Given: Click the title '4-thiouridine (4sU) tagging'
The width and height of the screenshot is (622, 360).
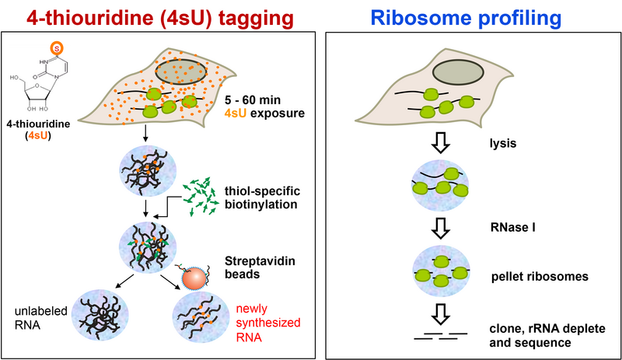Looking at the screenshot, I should pos(160,16).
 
